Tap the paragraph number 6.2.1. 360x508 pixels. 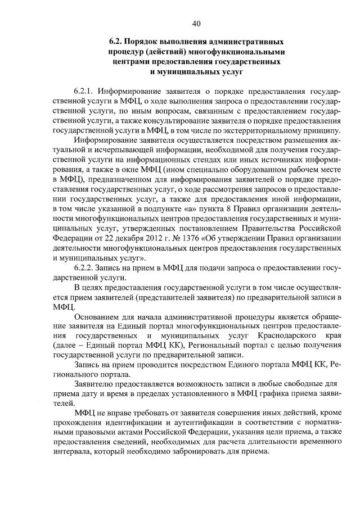(86, 91)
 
